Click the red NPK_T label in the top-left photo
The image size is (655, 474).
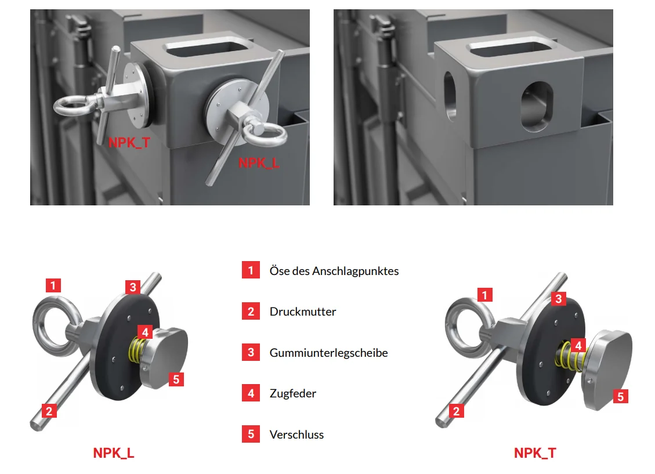pyautogui.click(x=129, y=143)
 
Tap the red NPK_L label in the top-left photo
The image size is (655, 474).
pyautogui.click(x=259, y=163)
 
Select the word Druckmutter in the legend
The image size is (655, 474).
pyautogui.click(x=303, y=312)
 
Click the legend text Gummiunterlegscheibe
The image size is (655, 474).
pyautogui.click(x=329, y=353)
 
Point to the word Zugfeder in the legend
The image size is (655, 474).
pyautogui.click(x=293, y=393)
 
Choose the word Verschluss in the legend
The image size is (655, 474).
pyautogui.click(x=296, y=435)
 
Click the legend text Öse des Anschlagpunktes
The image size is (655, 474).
pyautogui.click(x=334, y=271)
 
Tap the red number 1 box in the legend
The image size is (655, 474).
pyautogui.click(x=251, y=270)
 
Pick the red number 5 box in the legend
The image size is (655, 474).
pyautogui.click(x=251, y=434)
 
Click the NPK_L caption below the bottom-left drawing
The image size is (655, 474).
pyautogui.click(x=114, y=453)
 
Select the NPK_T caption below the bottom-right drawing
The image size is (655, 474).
pyautogui.click(x=535, y=453)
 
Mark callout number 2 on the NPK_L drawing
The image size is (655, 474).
pyautogui.click(x=49, y=411)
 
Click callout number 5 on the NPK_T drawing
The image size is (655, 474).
pyautogui.click(x=620, y=396)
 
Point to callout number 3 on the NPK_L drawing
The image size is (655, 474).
pyautogui.click(x=133, y=287)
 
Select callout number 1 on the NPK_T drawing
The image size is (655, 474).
pyautogui.click(x=484, y=295)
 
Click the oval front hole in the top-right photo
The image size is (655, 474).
pyautogui.click(x=537, y=107)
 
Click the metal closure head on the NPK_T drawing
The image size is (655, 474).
pyautogui.click(x=608, y=369)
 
